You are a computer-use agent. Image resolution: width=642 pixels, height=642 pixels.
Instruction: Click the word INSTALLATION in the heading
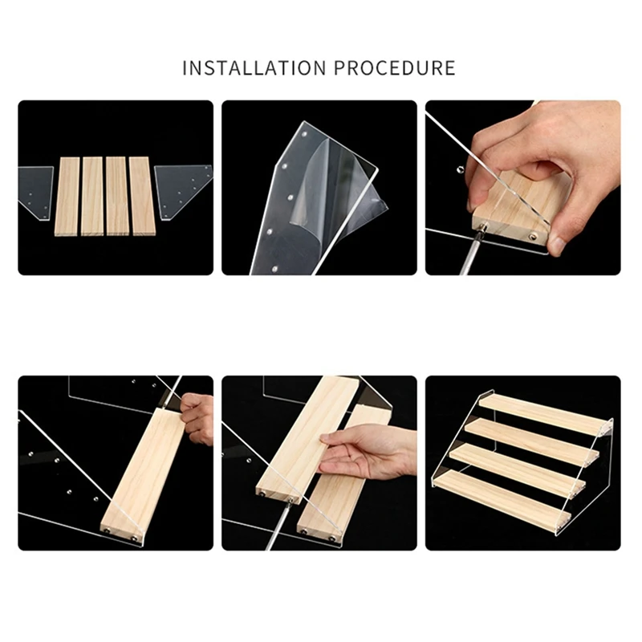point(254,68)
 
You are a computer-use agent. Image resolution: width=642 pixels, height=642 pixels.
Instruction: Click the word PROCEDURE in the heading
point(395,68)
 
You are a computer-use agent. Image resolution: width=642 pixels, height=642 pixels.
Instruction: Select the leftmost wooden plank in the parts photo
point(67,197)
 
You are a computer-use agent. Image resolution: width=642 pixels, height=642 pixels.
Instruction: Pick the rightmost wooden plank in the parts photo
point(142,196)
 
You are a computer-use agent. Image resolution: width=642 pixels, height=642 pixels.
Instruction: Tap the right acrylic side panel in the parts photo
point(182,191)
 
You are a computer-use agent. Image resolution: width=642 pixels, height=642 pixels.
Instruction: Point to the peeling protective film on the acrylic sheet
point(339,193)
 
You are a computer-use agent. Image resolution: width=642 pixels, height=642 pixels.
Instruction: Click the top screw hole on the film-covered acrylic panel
point(305,134)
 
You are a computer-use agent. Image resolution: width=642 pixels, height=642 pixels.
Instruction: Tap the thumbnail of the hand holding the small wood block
point(523,188)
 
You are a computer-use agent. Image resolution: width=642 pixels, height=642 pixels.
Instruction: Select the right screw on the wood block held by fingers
point(533,236)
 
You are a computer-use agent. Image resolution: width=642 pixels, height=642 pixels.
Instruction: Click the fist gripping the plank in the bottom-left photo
point(197,418)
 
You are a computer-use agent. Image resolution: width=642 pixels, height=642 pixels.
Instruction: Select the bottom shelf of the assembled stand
point(502,502)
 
